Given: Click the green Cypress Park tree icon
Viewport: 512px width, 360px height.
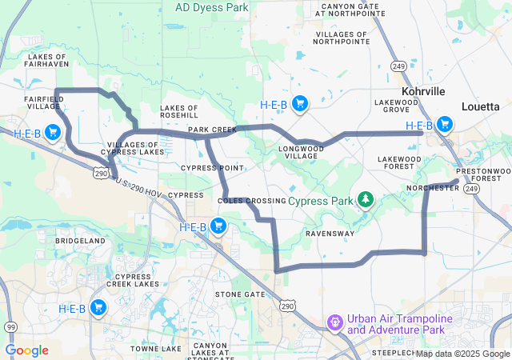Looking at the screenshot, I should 365,198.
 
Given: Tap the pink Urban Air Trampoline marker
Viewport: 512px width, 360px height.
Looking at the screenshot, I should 334,322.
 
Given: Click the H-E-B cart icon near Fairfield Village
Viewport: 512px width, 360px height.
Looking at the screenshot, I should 53,132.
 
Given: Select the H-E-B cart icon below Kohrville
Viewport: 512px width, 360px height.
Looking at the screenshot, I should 443,125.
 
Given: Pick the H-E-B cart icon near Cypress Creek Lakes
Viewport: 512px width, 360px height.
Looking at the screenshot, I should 98,307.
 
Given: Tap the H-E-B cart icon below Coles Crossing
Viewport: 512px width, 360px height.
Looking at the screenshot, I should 218,226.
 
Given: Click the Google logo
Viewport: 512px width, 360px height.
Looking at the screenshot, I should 26,350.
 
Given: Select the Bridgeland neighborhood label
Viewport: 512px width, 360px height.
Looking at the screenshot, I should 80,240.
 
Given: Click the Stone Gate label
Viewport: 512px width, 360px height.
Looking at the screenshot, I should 240,294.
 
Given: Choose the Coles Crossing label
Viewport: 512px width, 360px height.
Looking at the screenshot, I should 251,200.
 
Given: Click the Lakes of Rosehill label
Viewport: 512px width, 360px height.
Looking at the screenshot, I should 179,111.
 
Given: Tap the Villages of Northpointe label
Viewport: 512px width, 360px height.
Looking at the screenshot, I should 342,39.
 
